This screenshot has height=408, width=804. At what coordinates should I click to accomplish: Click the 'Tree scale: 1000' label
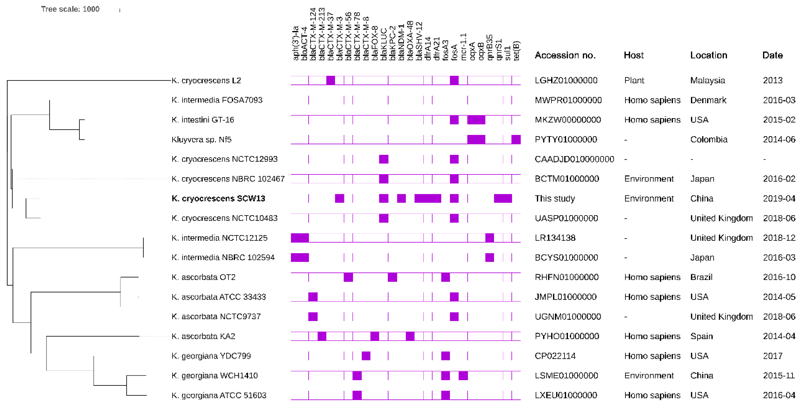click(70, 9)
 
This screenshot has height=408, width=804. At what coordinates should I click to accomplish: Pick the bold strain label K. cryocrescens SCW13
click(218, 198)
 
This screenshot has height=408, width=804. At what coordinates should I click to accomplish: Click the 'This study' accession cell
click(555, 198)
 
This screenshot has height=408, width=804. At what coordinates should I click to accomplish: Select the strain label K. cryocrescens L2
click(206, 80)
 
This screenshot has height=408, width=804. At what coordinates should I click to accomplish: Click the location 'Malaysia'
click(707, 80)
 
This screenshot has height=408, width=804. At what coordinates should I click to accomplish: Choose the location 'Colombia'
click(709, 140)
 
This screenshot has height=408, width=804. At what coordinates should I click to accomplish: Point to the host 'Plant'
click(634, 80)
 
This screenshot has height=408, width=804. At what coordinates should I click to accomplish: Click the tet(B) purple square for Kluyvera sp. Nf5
click(516, 140)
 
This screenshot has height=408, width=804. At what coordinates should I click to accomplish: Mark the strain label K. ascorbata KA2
click(203, 336)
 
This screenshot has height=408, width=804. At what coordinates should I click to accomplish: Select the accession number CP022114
click(555, 356)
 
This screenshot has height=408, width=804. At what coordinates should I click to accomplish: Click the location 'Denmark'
click(708, 100)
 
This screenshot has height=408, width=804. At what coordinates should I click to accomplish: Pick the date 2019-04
click(779, 198)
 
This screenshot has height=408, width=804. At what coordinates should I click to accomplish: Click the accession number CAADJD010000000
click(574, 159)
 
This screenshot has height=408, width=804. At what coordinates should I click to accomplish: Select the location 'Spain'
click(701, 336)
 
